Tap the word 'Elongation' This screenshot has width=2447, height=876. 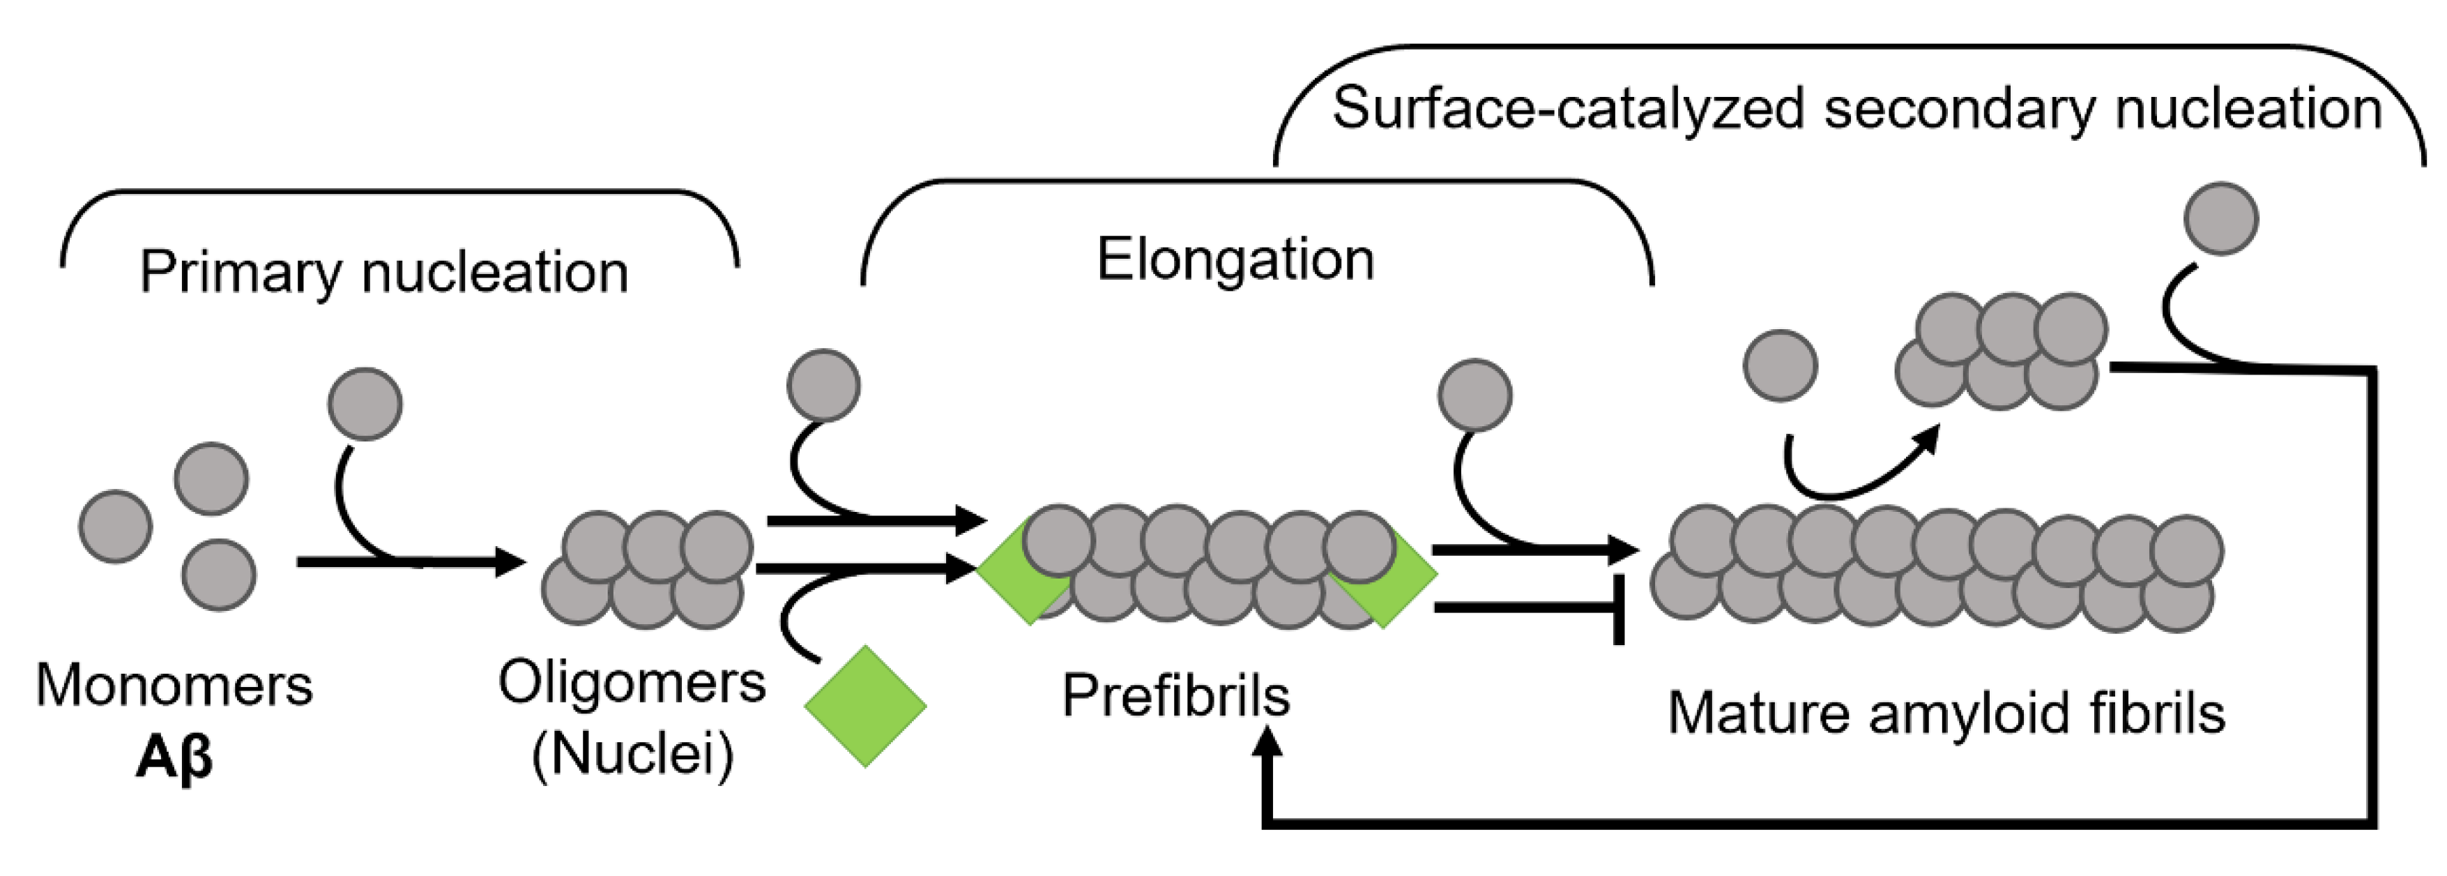tap(1235, 259)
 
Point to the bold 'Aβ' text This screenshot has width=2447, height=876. tap(174, 757)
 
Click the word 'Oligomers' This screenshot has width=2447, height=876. tap(632, 682)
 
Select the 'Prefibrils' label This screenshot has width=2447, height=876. tap(1175, 695)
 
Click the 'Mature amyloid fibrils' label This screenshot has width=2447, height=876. tap(1946, 713)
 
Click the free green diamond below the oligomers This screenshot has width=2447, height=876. tap(864, 706)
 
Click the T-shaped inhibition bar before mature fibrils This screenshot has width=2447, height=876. tap(1617, 608)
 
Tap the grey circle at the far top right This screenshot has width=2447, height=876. tap(2220, 218)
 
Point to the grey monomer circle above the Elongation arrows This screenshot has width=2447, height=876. tap(823, 385)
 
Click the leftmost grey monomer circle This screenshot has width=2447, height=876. tap(115, 527)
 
